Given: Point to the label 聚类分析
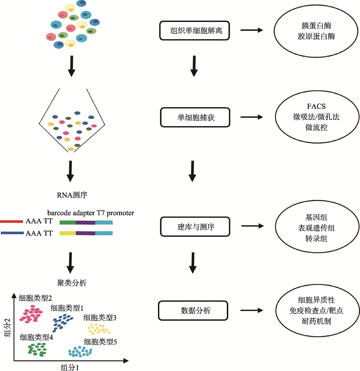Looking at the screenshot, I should [72, 283].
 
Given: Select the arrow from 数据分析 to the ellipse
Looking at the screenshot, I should [252, 310].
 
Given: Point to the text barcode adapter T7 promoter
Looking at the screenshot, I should [90, 213].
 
